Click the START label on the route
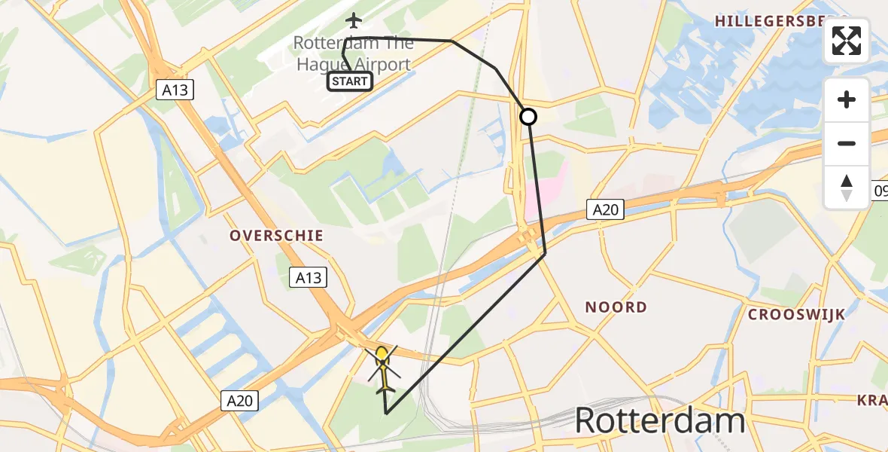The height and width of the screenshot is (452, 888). [350, 81]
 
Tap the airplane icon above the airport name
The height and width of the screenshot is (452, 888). [353, 20]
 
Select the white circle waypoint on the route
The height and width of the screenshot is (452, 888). [528, 117]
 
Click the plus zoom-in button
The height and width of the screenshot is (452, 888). [847, 100]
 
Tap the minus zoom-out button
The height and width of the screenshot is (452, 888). [847, 143]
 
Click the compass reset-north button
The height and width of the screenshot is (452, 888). [847, 187]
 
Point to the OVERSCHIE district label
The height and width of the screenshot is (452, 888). [277, 236]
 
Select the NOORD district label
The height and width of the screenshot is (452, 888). [616, 307]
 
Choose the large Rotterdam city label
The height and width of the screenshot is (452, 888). [660, 421]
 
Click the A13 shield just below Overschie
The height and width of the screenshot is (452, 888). [309, 278]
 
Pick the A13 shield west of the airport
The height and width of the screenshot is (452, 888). [176, 90]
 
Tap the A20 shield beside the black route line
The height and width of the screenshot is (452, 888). [605, 210]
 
